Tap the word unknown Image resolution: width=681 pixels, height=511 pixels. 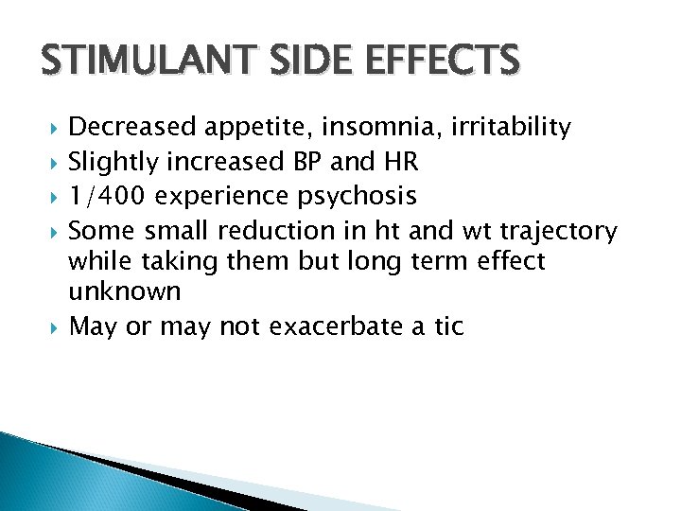(124, 291)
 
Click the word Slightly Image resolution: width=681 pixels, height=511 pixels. (114, 163)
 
